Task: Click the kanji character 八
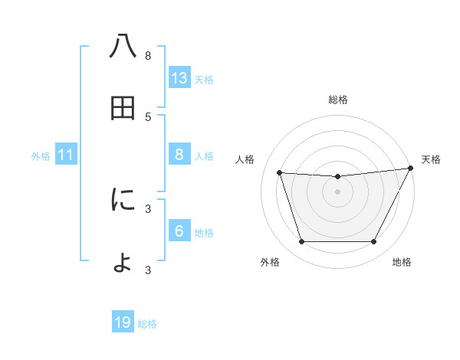(x=123, y=47)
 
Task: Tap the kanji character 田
(x=123, y=109)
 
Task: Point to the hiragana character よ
(x=123, y=261)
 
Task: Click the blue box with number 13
(x=179, y=78)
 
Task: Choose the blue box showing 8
(x=179, y=155)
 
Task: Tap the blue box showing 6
(x=179, y=231)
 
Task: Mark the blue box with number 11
(x=66, y=155)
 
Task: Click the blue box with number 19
(x=123, y=322)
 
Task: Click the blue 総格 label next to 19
(x=147, y=324)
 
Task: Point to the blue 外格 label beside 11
(x=41, y=156)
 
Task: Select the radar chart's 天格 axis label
(x=431, y=159)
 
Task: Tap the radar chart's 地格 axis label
(x=402, y=262)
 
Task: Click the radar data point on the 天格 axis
(x=411, y=169)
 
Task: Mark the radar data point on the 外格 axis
(x=301, y=242)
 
